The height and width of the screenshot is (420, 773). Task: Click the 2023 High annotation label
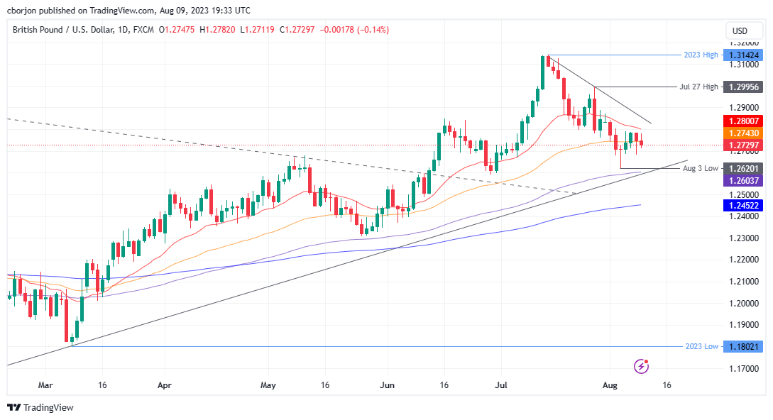coord(700,55)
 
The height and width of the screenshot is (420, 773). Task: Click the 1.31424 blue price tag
coord(741,55)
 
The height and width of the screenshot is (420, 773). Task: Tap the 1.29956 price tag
coord(741,87)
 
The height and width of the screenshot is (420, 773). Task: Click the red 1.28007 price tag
coord(741,121)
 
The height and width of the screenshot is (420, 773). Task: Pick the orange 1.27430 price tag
coord(741,133)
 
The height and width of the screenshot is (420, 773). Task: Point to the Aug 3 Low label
coord(700,169)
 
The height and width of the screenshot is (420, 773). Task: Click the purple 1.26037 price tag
coord(741,181)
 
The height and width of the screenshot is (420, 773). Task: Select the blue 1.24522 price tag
coord(741,205)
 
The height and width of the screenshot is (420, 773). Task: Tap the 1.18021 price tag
coord(741,346)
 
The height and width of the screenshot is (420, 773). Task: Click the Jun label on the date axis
coord(387,385)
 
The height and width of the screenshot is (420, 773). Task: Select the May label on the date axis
coord(268,385)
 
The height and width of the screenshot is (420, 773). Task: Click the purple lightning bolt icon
coord(642,366)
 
